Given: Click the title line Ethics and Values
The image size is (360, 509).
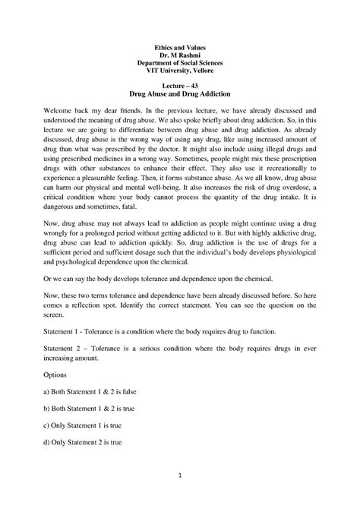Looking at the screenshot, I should (180, 47).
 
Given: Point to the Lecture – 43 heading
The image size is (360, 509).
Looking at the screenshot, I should (180, 89).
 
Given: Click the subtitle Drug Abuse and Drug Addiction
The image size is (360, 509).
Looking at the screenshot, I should (180, 97).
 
